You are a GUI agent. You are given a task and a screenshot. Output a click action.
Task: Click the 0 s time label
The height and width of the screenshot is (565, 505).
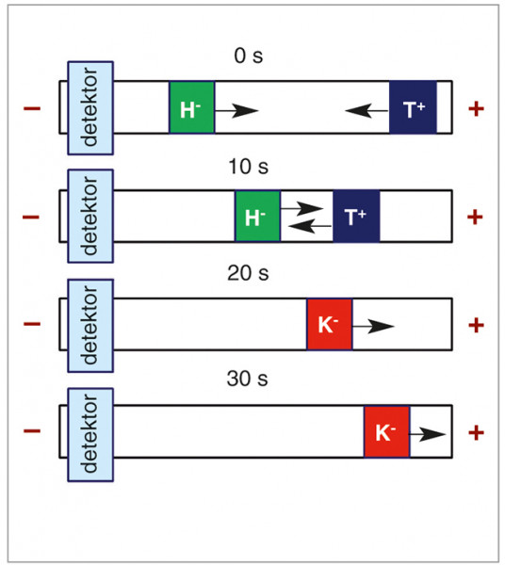pyautogui.click(x=249, y=56)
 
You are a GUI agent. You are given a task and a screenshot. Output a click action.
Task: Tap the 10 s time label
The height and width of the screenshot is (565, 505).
pyautogui.click(x=249, y=167)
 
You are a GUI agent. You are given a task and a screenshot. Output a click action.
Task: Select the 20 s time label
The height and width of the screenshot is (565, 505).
pyautogui.click(x=248, y=273)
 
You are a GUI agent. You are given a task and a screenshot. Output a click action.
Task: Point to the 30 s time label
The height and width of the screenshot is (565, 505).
pyautogui.click(x=247, y=379)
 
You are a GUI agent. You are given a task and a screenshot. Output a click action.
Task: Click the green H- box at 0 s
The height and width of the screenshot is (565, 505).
pyautogui.click(x=192, y=107)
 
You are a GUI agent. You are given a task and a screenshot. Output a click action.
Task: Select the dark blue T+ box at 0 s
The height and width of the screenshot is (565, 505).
pyautogui.click(x=413, y=107)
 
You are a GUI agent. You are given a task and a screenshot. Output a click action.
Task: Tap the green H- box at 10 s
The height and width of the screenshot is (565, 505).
pyautogui.click(x=257, y=217)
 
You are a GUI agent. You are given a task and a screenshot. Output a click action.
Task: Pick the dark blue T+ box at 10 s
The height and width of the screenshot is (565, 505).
pyautogui.click(x=356, y=217)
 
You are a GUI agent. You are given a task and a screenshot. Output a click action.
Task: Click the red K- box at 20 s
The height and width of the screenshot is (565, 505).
pyautogui.click(x=330, y=324)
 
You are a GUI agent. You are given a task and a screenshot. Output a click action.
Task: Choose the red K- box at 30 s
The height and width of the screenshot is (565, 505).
pyautogui.click(x=387, y=431)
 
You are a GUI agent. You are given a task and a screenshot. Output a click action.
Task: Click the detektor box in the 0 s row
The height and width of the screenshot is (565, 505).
pyautogui.click(x=90, y=108)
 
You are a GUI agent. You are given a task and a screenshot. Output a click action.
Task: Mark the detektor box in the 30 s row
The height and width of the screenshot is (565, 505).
pyautogui.click(x=90, y=434)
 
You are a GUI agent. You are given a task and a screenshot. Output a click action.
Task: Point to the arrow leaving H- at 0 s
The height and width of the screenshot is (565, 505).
pyautogui.click(x=236, y=110)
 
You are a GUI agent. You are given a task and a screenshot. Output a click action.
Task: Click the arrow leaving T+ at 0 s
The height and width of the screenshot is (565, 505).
pyautogui.click(x=367, y=110)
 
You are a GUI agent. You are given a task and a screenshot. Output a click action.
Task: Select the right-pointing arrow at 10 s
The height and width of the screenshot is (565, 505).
pyautogui.click(x=301, y=209)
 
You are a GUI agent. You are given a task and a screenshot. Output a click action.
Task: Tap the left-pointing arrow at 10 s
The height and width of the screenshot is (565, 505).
pyautogui.click(x=310, y=226)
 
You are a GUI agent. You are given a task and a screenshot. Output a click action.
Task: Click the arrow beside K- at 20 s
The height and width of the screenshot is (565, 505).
pyautogui.click(x=373, y=327)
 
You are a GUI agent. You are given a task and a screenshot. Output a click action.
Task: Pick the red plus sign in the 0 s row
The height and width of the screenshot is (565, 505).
pyautogui.click(x=476, y=108)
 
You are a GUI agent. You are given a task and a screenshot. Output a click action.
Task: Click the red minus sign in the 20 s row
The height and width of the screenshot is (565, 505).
pyautogui.click(x=32, y=324)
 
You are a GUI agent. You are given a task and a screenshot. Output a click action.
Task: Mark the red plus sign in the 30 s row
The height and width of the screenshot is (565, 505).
pyautogui.click(x=476, y=432)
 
